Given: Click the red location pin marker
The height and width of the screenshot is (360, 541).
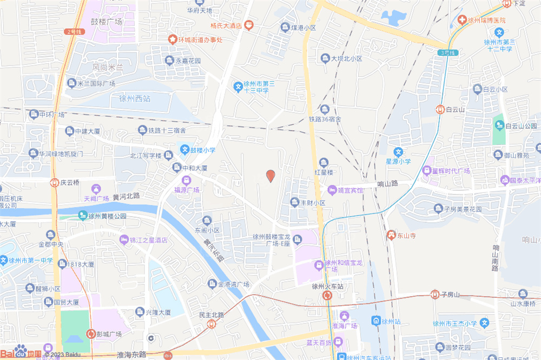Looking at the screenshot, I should point(271,176).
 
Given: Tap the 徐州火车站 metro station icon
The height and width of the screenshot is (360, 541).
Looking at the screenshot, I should point(328,296).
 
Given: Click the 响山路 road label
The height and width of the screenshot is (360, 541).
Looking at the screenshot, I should point(387,184).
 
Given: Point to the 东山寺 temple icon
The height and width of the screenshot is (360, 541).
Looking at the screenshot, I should point(391,235).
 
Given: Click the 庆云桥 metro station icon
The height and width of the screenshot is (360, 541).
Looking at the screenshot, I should point(54,183).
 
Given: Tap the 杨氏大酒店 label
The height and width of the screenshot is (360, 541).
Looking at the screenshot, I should point(226,25).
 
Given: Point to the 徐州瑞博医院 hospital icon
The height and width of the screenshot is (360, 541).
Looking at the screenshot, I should point(463,20).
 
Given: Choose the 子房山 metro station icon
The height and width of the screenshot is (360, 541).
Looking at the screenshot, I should point(434,295).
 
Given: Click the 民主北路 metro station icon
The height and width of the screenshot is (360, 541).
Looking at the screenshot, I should point(212,324).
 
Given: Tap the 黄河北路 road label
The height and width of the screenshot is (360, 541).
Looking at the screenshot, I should point(127,196).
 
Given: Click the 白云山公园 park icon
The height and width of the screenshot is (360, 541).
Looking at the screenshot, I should point(498,126).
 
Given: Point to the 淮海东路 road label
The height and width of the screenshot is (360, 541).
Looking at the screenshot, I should point(131,355).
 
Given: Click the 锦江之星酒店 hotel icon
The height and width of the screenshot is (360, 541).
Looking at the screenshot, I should point(124,239).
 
